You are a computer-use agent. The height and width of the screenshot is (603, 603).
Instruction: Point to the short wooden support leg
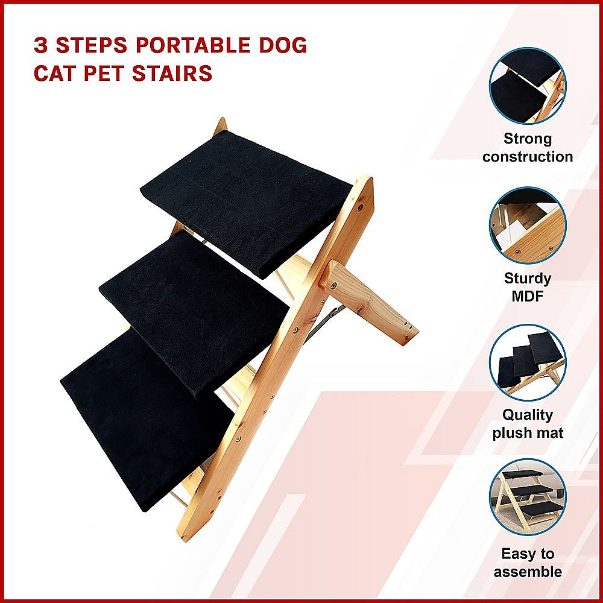point(368,302)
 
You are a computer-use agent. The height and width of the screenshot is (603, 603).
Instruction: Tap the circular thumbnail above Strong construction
point(527,86)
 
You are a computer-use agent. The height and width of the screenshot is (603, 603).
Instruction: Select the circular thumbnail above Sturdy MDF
point(527,226)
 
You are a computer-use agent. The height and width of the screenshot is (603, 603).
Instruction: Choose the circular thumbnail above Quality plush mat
point(527,363)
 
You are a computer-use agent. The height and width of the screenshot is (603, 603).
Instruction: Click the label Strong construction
point(528,148)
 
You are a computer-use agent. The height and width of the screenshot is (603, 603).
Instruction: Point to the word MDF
point(528,296)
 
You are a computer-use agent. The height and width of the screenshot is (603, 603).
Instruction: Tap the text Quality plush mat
point(528,424)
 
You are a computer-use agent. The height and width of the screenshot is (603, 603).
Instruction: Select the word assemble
point(528,572)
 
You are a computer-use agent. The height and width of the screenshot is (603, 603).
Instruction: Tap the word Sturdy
point(528,279)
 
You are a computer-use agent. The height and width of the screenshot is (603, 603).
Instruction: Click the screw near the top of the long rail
point(360,206)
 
